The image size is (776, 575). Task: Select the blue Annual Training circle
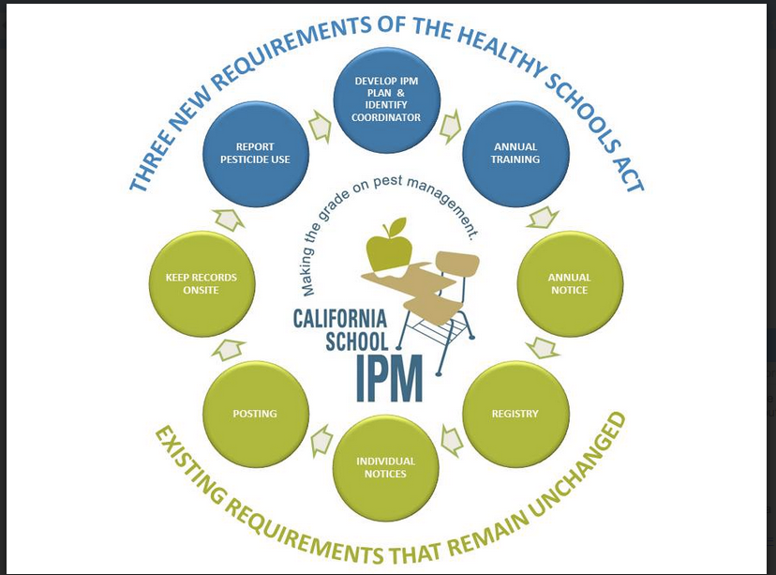[x=515, y=153]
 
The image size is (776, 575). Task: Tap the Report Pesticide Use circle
[x=256, y=153]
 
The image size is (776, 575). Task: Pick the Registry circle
[x=515, y=414]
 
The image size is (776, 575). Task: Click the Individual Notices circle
[x=386, y=467]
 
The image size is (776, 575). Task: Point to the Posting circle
[x=255, y=414]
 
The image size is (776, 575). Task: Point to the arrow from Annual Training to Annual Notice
[x=543, y=219]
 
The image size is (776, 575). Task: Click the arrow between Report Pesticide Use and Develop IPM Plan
[x=321, y=123]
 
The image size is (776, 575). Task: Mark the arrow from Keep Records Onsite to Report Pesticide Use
[x=228, y=219]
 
